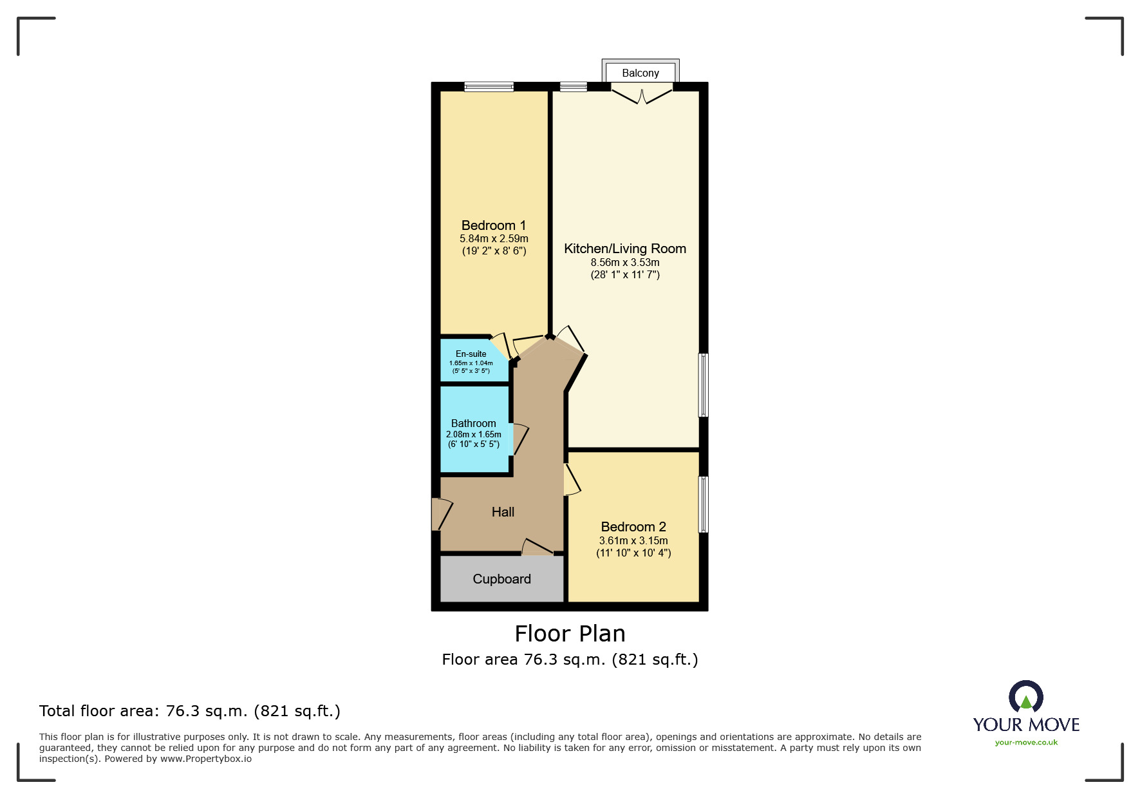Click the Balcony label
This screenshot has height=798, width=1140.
pyautogui.click(x=640, y=73)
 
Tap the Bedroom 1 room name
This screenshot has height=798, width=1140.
pyautogui.click(x=494, y=225)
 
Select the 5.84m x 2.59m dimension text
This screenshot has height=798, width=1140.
pyautogui.click(x=494, y=239)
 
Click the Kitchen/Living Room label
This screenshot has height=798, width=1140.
pyautogui.click(x=624, y=249)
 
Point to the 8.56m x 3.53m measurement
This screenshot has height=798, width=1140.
pyautogui.click(x=624, y=263)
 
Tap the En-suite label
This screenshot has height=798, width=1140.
pyautogui.click(x=471, y=354)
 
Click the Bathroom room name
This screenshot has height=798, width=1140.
pyautogui.click(x=473, y=423)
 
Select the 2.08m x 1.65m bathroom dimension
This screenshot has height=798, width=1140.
pyautogui.click(x=473, y=434)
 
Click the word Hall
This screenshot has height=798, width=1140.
pyautogui.click(x=503, y=512)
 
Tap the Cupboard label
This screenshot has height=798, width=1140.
pyautogui.click(x=501, y=579)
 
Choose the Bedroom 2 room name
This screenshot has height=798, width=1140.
pyautogui.click(x=633, y=527)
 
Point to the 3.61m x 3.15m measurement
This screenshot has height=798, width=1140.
pyautogui.click(x=633, y=541)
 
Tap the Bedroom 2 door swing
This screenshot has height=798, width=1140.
pyautogui.click(x=572, y=480)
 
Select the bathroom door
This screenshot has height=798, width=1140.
pyautogui.click(x=519, y=439)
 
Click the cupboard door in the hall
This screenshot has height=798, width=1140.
pyautogui.click(x=537, y=547)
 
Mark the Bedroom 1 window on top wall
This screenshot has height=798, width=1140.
pyautogui.click(x=489, y=86)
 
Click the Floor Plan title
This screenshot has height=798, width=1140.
pyautogui.click(x=570, y=634)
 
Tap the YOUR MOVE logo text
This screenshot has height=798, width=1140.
pyautogui.click(x=1026, y=725)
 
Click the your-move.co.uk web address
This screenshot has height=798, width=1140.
pyautogui.click(x=1026, y=743)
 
